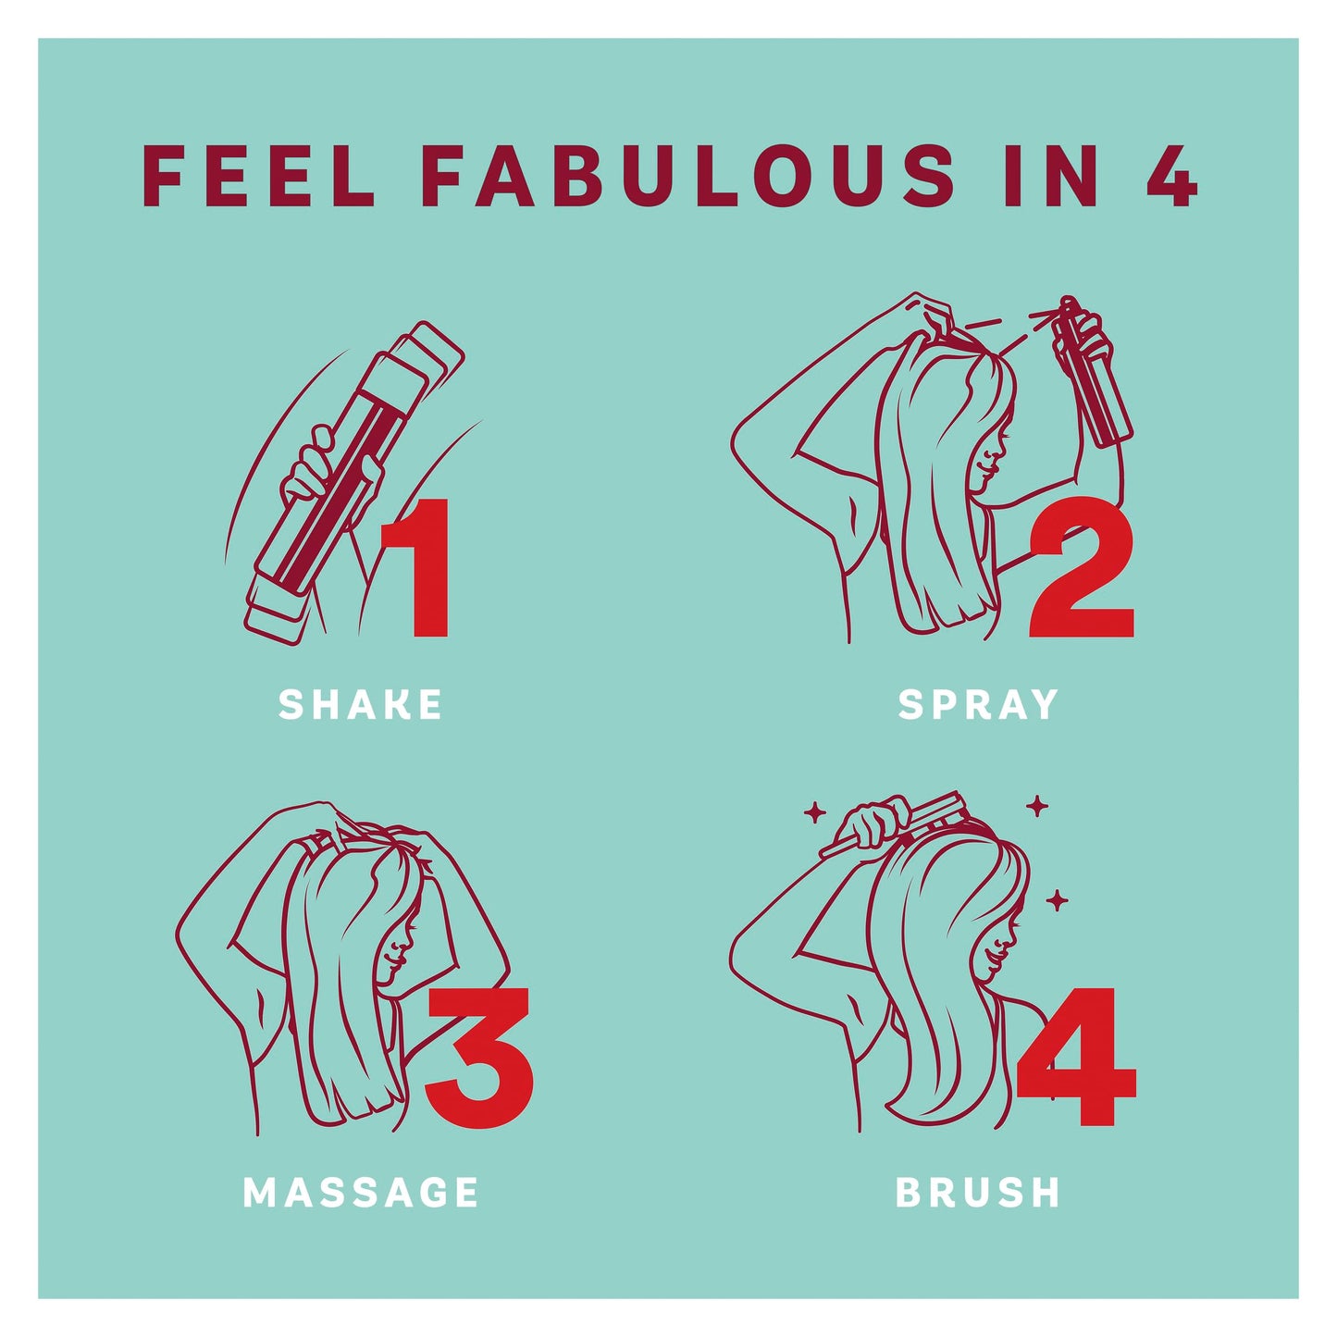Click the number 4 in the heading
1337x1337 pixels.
coord(1171,175)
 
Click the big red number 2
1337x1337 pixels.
coord(1081,566)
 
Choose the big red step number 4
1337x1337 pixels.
coord(1076,1056)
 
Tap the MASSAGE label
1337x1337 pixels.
coord(361,1192)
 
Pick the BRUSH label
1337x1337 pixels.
coord(978,1192)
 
